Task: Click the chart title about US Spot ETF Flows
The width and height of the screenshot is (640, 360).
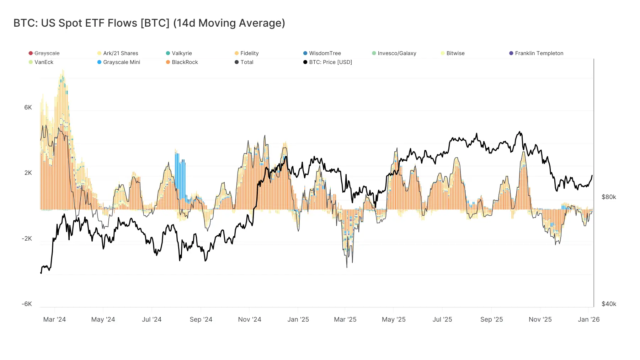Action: pos(149,23)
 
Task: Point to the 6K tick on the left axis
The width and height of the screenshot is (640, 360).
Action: pos(28,107)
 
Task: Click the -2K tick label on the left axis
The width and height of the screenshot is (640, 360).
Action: pos(27,238)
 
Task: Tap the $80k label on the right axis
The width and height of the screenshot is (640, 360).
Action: pos(609,197)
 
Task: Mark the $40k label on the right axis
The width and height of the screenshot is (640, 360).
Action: pos(609,304)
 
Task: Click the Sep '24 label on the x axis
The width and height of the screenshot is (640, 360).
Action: pos(201,319)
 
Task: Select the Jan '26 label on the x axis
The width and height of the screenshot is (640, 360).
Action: pos(588,319)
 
